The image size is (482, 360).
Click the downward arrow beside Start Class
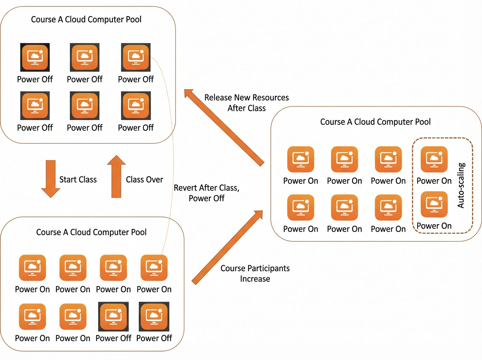click(x=51, y=178)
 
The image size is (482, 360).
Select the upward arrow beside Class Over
click(x=116, y=176)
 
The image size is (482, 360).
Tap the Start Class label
click(x=78, y=180)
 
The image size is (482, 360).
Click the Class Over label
click(x=144, y=180)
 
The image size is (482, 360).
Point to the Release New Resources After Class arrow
click(x=224, y=127)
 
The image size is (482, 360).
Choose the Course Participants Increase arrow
click(x=227, y=247)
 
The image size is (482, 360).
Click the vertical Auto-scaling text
click(x=461, y=185)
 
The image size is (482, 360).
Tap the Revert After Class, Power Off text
click(x=206, y=193)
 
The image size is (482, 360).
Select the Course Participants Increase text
click(x=255, y=273)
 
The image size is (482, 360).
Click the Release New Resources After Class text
click(x=246, y=102)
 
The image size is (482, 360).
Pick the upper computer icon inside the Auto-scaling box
click(x=434, y=159)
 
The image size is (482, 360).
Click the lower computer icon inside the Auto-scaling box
click(x=434, y=204)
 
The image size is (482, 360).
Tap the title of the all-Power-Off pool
click(x=86, y=19)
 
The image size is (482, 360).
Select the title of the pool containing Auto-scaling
click(x=375, y=122)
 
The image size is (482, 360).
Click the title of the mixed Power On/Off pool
click(x=91, y=232)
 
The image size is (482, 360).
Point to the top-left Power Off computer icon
click(x=35, y=57)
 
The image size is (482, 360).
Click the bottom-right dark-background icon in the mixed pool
click(x=154, y=317)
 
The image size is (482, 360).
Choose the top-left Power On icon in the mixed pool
click(x=33, y=268)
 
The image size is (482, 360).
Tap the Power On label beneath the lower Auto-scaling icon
click(x=434, y=225)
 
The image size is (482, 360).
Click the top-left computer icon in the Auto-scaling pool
click(x=300, y=159)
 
